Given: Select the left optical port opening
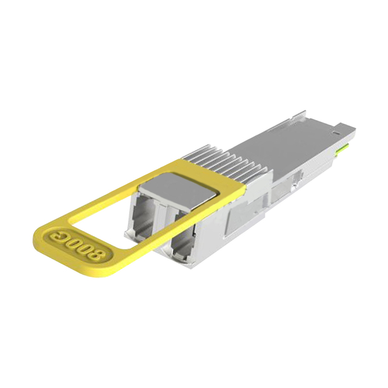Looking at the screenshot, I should pyautogui.click(x=144, y=215).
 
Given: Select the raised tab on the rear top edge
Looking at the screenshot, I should pyautogui.click(x=301, y=115).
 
